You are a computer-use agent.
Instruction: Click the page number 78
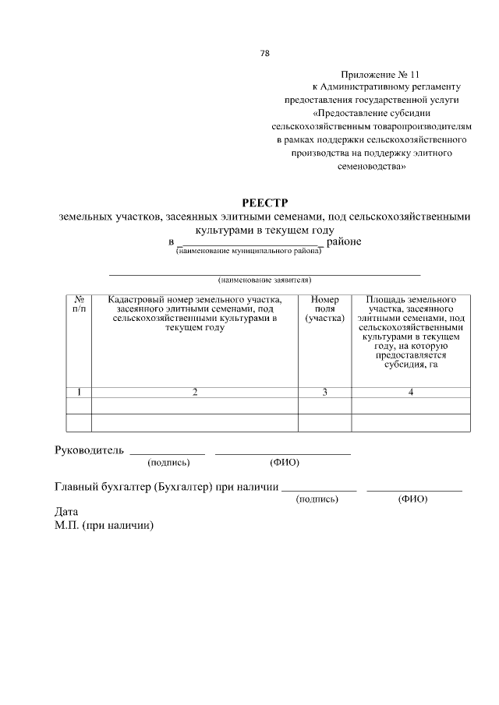tap(264, 54)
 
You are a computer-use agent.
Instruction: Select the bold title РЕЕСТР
tap(264, 203)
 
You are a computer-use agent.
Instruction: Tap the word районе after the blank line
tap(343, 241)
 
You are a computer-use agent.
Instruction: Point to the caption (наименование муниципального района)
tap(249, 252)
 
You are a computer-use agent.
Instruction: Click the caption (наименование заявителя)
tap(264, 279)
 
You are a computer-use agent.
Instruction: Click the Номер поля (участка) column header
tap(324, 309)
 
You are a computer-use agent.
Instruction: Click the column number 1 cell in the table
tap(79, 392)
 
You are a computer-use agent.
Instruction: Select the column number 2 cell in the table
tap(195, 392)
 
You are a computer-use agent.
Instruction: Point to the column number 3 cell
tap(324, 392)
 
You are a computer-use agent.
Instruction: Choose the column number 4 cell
tap(410, 392)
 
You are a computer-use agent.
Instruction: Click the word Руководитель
tap(89, 450)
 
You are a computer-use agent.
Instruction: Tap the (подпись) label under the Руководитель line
tap(168, 463)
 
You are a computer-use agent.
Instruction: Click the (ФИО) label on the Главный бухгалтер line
tap(412, 499)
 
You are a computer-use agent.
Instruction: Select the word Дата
tap(66, 513)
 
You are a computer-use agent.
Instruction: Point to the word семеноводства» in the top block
tap(371, 167)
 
